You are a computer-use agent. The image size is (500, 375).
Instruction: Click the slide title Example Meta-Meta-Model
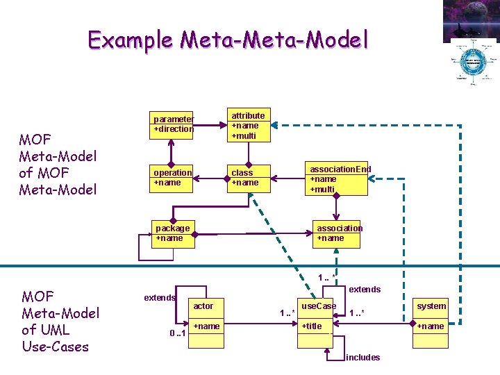228,40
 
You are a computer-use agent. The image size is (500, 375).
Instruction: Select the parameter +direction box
173,124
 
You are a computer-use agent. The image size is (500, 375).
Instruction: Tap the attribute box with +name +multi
248,126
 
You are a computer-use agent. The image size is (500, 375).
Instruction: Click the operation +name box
172,177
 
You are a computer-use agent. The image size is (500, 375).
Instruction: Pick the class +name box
248,177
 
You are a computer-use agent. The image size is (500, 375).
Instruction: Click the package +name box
172,233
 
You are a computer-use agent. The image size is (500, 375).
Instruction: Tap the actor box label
203,306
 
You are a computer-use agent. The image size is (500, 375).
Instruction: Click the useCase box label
318,306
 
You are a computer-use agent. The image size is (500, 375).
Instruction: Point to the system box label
431,306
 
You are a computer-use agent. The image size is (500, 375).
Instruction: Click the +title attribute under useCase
312,326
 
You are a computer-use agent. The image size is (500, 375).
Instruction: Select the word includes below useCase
362,358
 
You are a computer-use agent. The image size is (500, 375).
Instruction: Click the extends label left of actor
159,298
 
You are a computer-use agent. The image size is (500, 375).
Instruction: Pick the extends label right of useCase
364,289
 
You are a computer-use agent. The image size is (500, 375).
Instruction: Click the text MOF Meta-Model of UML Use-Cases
60,321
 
